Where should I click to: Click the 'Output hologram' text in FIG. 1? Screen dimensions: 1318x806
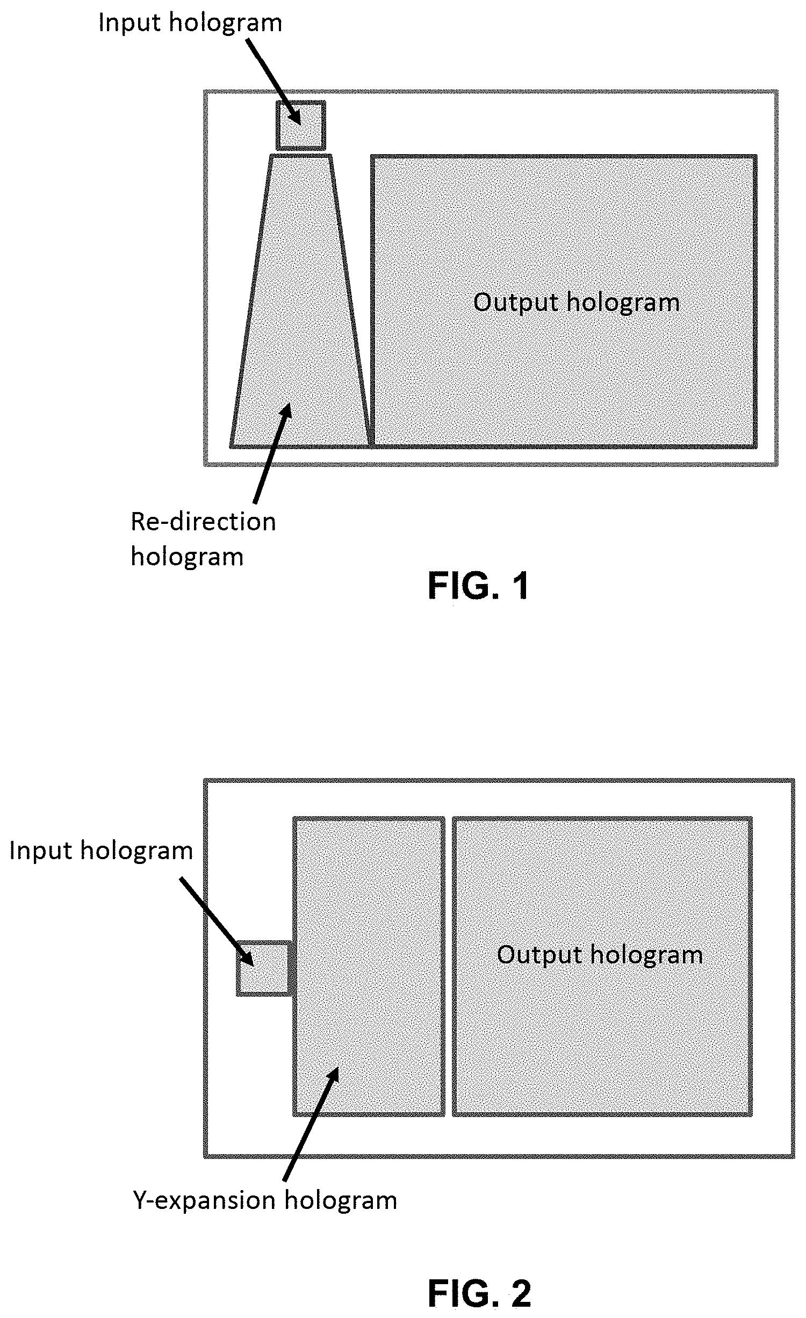click(576, 303)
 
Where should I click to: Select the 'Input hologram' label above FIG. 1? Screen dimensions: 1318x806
click(190, 23)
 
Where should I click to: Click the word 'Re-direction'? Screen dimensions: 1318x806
click(203, 522)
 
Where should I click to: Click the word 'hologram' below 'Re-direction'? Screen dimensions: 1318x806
click(187, 557)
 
